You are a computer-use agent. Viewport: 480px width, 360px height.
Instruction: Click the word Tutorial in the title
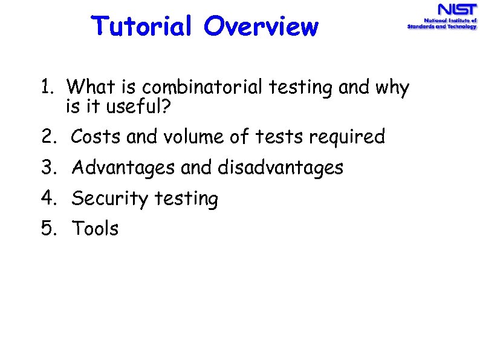(x=142, y=27)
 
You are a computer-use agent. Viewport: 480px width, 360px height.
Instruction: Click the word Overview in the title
(x=261, y=27)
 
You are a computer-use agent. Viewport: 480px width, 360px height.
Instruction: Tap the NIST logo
(x=441, y=17)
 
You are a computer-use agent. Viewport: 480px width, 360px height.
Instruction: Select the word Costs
(x=97, y=137)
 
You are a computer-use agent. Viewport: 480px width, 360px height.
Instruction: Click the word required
(x=346, y=137)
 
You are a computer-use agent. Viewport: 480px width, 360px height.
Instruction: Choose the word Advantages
(x=124, y=168)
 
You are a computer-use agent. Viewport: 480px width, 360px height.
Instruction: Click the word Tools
(x=96, y=229)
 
